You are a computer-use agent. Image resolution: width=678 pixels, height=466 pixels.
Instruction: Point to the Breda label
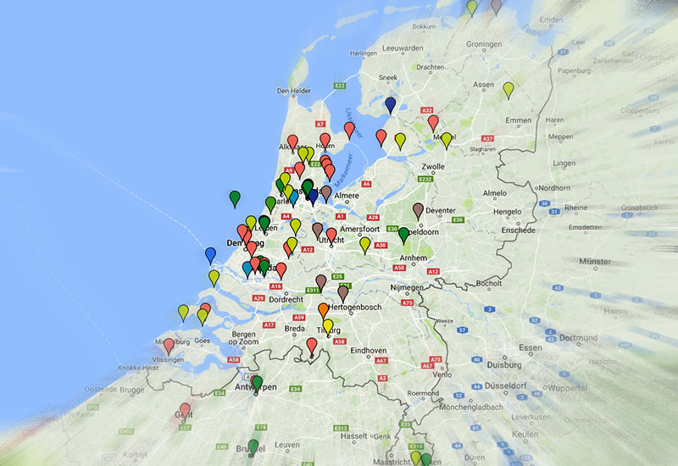295,329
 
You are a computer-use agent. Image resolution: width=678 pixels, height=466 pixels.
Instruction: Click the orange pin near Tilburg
323,309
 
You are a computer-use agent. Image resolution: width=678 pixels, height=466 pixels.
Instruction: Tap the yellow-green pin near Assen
508,88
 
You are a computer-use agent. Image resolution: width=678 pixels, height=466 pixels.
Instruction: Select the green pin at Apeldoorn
404,234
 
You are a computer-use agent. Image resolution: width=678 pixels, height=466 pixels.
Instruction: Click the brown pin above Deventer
418,209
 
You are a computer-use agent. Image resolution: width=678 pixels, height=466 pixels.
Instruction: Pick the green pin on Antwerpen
258,383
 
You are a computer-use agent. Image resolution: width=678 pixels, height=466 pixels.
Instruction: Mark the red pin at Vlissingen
169,345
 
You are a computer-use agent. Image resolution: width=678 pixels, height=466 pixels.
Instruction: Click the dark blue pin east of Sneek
390,103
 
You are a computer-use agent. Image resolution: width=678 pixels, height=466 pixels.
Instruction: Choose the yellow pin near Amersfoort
364,244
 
